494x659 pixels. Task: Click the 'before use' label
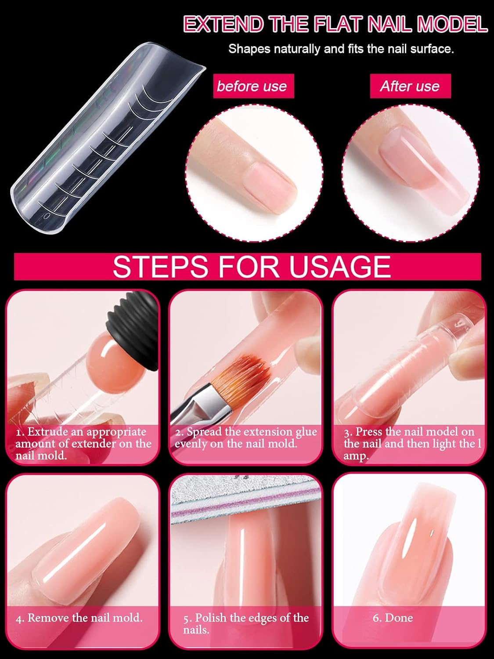click(x=252, y=87)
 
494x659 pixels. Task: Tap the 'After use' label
click(x=410, y=87)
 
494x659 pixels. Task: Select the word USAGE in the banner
click(x=340, y=267)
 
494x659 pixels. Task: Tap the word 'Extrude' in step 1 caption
click(x=46, y=431)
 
